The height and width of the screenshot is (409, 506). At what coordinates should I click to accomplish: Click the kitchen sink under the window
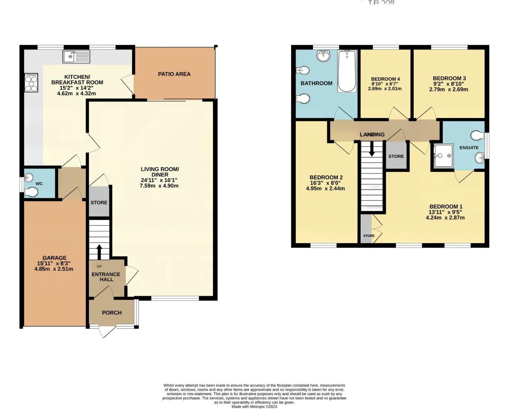click(76, 57)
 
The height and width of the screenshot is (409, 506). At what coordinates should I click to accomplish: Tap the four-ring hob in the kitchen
click(31, 83)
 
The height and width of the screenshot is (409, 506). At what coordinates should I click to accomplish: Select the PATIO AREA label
click(174, 74)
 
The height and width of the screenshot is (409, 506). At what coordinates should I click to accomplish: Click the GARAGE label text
click(54, 258)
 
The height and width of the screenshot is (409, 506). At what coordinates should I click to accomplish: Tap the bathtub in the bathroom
click(347, 71)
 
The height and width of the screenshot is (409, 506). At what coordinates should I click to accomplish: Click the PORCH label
click(112, 312)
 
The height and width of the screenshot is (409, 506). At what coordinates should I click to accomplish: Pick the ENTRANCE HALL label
click(106, 277)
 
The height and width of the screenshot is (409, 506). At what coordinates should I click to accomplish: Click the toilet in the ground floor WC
click(31, 193)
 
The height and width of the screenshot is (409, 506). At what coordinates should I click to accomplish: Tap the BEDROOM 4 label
click(385, 79)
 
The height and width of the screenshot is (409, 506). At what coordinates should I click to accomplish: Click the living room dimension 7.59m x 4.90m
click(159, 186)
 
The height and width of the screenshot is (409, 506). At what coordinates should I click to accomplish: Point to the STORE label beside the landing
click(396, 156)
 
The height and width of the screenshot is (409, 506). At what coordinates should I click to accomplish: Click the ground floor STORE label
click(99, 203)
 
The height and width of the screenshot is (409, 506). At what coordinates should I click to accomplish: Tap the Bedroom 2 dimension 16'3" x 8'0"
click(326, 183)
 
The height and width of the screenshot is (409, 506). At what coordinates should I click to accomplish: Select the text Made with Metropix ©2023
click(254, 407)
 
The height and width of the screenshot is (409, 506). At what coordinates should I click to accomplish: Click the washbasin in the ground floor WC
click(29, 177)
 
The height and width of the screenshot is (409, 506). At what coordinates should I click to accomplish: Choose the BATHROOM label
click(316, 83)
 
